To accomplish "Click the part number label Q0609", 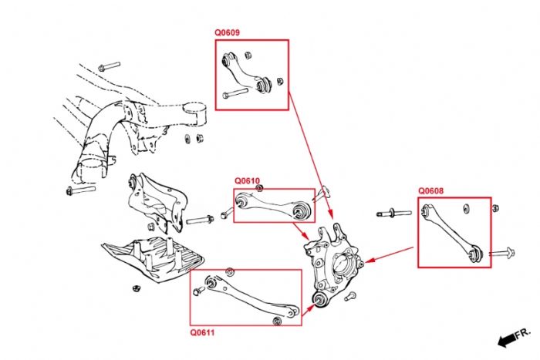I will (227, 34).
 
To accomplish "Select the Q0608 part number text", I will (431, 191).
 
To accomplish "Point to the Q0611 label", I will (202, 332).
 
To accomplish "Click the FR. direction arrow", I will (513, 336).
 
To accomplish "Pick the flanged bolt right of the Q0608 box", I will (501, 252).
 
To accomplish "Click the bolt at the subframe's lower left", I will (80, 189).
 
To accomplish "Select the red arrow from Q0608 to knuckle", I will (390, 254).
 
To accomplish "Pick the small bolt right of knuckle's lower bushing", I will (351, 296).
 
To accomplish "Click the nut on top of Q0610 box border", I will (259, 188).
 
